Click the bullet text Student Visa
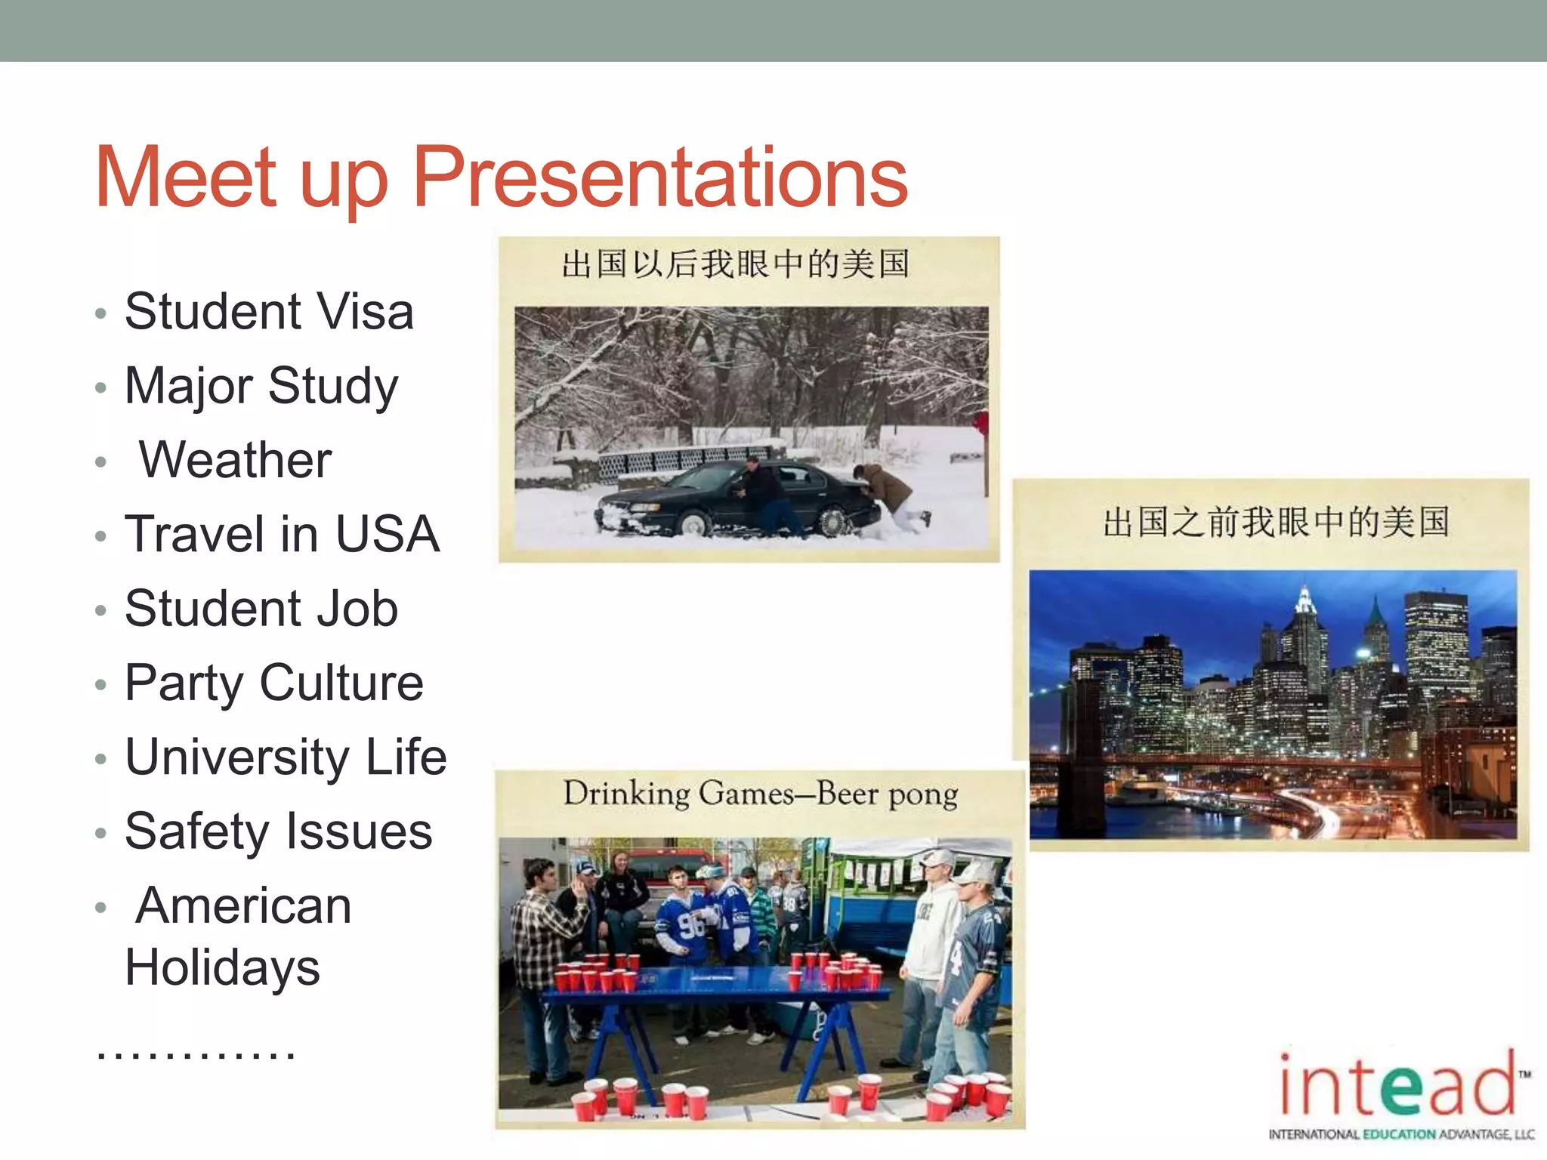pyautogui.click(x=269, y=311)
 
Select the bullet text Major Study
pyautogui.click(x=261, y=386)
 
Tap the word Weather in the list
pyautogui.click(x=235, y=460)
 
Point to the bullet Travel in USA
pyautogui.click(x=282, y=534)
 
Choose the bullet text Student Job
pyautogui.click(x=261, y=609)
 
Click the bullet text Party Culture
pyautogui.click(x=274, y=683)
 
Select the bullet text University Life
pyautogui.click(x=286, y=757)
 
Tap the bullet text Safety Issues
pyautogui.click(x=279, y=831)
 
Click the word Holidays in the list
pyautogui.click(x=223, y=968)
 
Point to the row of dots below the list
pyautogui.click(x=196, y=1052)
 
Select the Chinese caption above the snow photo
pyautogui.click(x=735, y=265)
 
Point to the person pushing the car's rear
pyautogui.click(x=888, y=495)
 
